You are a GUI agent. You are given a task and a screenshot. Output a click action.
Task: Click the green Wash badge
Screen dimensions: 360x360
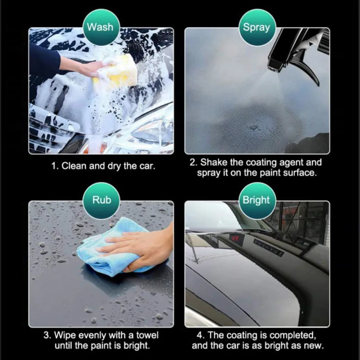(x=101, y=27)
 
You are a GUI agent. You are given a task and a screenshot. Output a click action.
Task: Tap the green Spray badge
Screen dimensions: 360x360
(x=257, y=27)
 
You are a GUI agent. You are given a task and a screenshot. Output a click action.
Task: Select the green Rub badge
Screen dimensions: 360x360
(x=102, y=200)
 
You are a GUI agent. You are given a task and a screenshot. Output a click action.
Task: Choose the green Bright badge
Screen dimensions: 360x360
(x=256, y=200)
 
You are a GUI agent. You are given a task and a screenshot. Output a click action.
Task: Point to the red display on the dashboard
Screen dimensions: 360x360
(x=236, y=239)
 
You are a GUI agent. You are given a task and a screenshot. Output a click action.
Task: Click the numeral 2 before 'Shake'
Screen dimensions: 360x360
(x=192, y=163)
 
